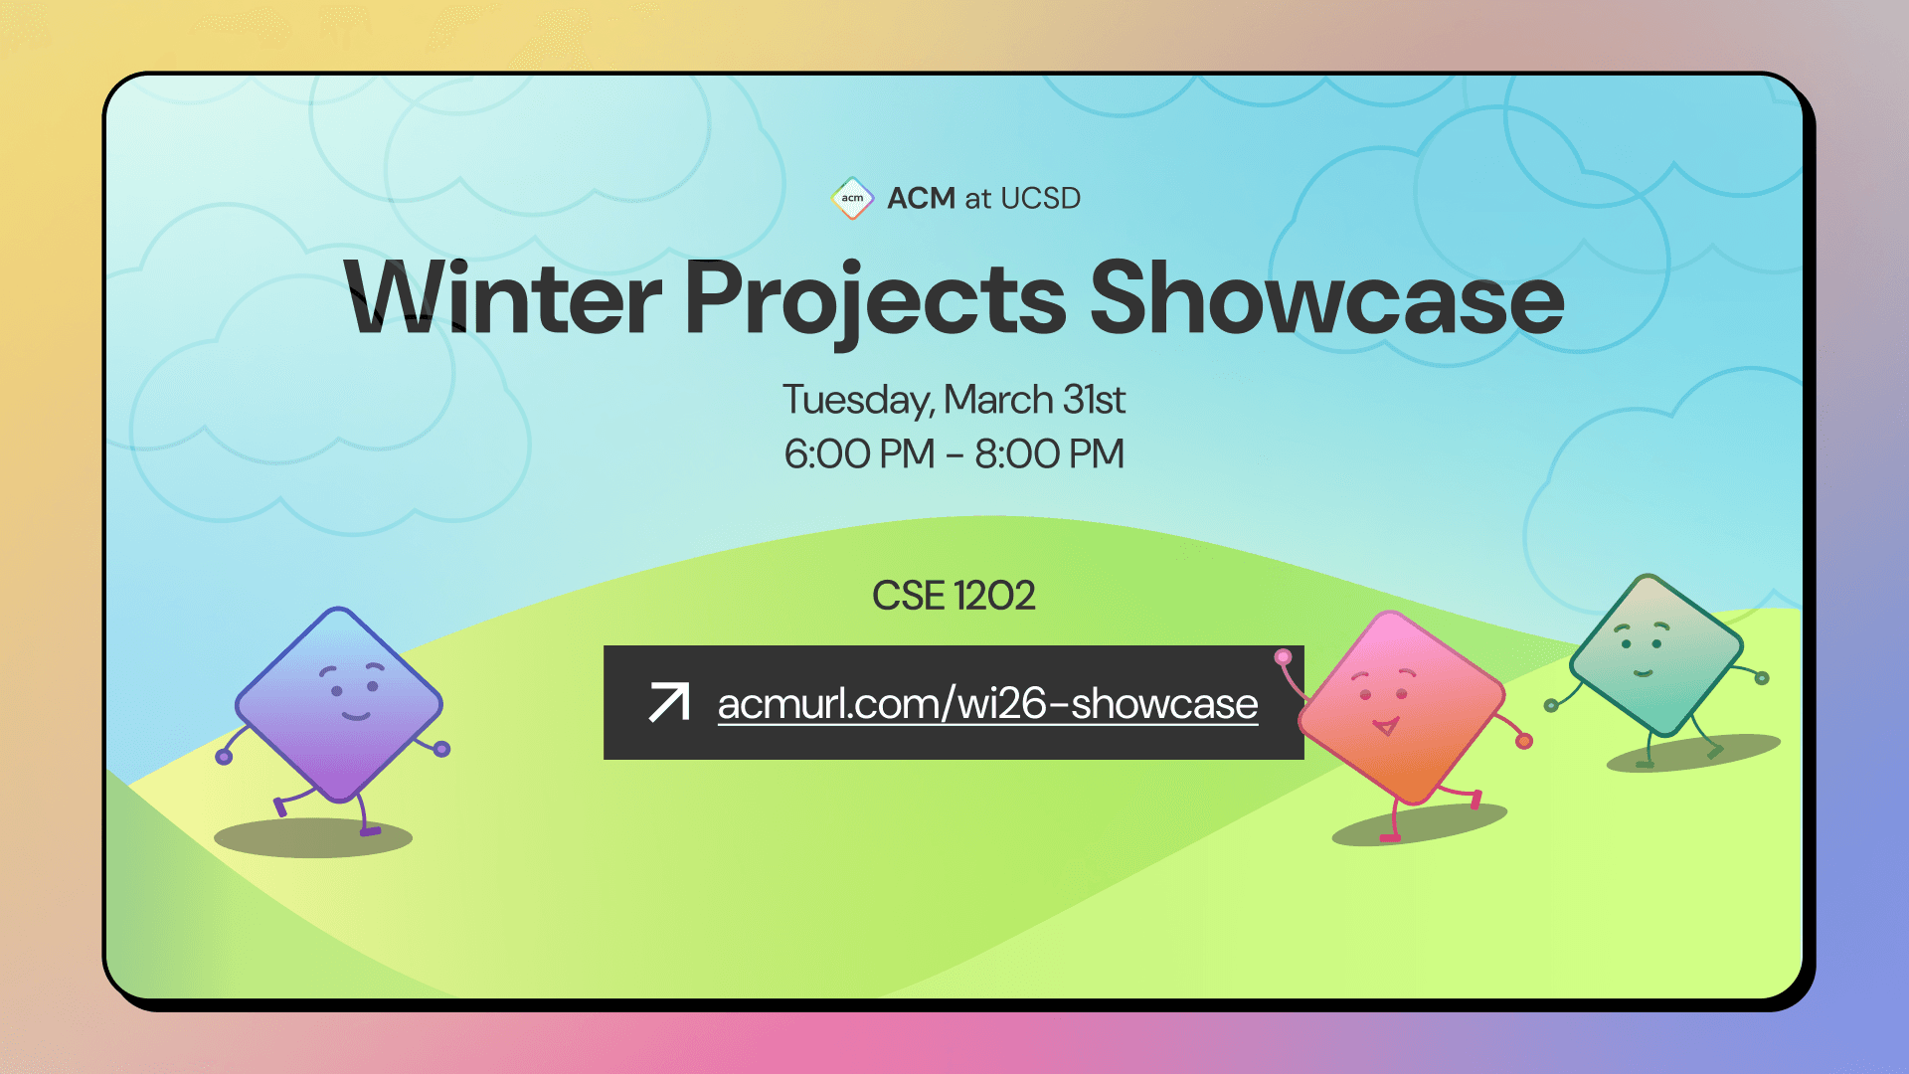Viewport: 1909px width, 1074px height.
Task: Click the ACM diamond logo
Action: (852, 198)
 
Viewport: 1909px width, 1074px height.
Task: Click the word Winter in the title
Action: (502, 298)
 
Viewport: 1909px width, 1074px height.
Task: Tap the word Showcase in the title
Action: (1326, 298)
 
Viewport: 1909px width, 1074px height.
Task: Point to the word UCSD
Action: (1040, 198)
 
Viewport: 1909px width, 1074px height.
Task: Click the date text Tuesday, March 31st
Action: (954, 400)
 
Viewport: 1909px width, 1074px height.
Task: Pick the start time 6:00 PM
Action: (859, 454)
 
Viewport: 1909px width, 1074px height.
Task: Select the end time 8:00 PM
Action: (1049, 454)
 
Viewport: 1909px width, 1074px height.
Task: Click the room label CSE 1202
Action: (954, 596)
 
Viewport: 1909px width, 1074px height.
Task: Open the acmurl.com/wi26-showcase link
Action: (987, 704)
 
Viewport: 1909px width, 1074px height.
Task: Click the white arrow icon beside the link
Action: (669, 702)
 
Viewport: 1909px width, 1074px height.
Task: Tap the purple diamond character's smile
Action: (355, 715)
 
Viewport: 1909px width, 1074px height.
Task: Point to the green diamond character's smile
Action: (1643, 673)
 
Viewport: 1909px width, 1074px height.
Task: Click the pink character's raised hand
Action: (1284, 656)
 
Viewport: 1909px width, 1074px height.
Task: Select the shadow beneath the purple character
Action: (313, 838)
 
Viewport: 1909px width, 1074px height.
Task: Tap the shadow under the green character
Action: (1690, 754)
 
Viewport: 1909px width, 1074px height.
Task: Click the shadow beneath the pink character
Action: (1422, 825)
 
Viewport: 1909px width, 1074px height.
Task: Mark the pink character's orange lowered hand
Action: (1524, 741)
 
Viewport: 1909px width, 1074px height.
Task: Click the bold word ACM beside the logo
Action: (921, 198)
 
